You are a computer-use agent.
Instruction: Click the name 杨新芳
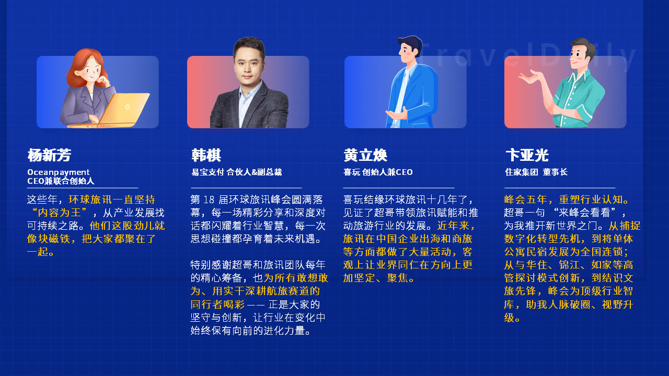point(49,155)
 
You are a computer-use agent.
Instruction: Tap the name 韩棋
point(206,155)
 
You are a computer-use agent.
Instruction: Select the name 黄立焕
point(365,155)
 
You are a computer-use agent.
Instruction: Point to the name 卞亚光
point(527,155)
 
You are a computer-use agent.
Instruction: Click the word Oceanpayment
point(58,172)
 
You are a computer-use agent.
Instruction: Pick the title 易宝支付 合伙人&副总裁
point(237,172)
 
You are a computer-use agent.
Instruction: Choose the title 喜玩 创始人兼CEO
point(378,172)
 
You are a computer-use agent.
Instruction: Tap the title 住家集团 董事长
point(536,172)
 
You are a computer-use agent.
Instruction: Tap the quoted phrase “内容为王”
point(59,213)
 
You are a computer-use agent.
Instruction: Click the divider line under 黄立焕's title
point(399,188)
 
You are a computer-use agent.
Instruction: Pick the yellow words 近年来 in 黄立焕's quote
point(453,226)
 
